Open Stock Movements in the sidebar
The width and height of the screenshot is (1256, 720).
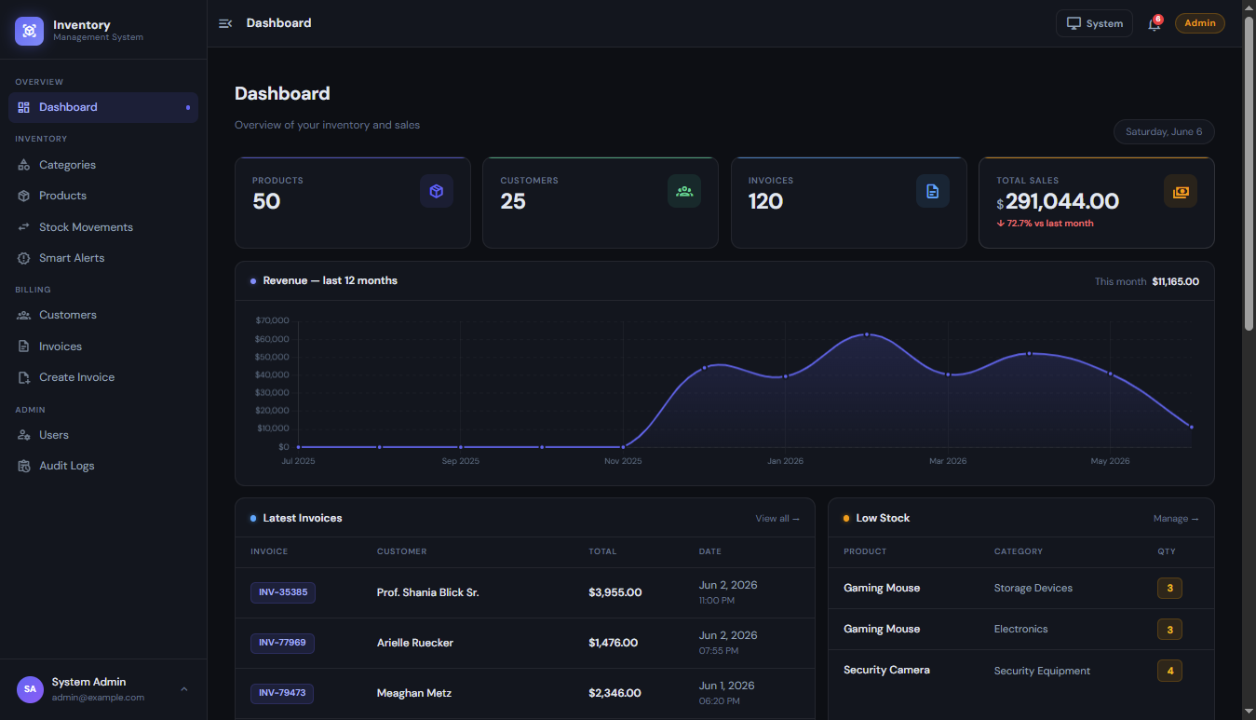tap(86, 227)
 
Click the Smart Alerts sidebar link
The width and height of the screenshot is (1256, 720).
tap(72, 258)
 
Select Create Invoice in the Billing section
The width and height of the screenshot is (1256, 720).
tap(77, 377)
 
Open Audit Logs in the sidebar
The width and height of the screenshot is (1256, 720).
tap(67, 466)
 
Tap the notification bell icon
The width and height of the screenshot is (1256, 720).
tap(1154, 24)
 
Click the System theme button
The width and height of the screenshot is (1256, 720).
tap(1094, 23)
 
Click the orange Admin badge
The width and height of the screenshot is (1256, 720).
tap(1199, 23)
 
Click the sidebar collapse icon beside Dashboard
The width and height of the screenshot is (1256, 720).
tap(225, 23)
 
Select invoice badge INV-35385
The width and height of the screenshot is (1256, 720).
tap(283, 592)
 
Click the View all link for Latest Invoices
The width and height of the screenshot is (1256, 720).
tap(777, 519)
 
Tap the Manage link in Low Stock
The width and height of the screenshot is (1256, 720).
tap(1176, 519)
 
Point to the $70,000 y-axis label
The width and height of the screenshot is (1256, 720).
tap(272, 320)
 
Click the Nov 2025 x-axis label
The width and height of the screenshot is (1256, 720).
tap(623, 461)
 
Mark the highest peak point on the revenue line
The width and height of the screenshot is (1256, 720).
tap(867, 334)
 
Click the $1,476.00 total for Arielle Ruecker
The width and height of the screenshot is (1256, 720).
tap(613, 643)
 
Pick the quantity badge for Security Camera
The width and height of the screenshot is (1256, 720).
tap(1169, 671)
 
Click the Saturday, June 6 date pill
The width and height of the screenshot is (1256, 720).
tap(1164, 131)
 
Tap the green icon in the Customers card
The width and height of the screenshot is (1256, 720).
tap(684, 191)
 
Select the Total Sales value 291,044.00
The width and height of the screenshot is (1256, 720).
tap(1062, 201)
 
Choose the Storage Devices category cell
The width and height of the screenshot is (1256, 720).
tap(1033, 589)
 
